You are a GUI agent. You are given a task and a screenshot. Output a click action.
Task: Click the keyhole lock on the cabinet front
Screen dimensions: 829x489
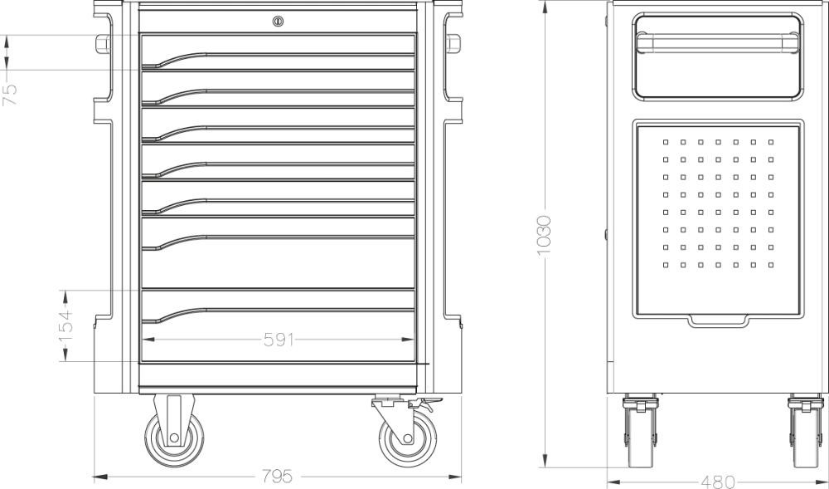coord(278,21)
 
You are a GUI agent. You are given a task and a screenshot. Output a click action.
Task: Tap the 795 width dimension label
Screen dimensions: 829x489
coord(278,477)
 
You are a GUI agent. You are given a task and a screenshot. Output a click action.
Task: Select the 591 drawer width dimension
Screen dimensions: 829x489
coord(279,340)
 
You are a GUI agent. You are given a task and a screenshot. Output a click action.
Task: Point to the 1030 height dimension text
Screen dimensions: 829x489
coord(544,236)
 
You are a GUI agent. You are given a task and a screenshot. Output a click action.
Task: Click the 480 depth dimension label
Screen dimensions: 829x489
coord(718,482)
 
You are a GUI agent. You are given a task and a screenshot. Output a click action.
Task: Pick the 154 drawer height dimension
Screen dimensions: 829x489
coord(65,325)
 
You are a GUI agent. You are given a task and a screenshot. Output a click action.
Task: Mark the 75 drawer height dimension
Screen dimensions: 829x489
coord(9,94)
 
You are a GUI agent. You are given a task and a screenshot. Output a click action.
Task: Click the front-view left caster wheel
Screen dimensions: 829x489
coord(174,438)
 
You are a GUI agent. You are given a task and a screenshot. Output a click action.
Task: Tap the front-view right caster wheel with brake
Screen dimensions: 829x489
coord(408,438)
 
